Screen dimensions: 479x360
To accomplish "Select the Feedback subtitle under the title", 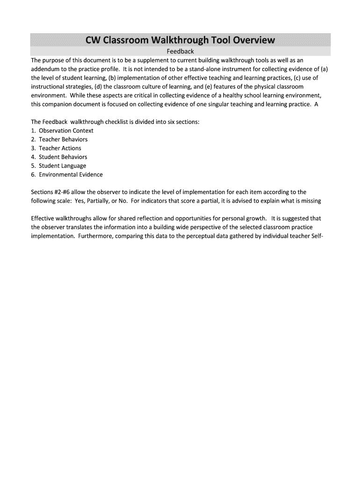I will pos(180,51).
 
